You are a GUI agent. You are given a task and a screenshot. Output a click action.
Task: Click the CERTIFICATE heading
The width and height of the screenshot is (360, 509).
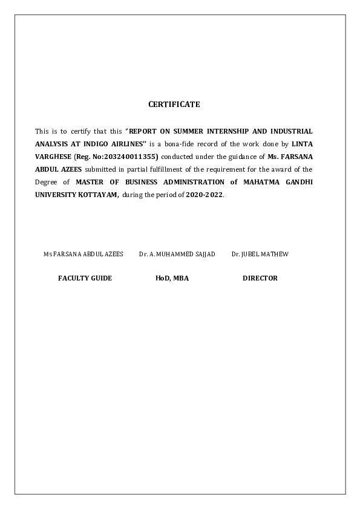click(174, 105)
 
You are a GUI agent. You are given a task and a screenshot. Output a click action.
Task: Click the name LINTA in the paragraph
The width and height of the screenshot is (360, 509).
click(303, 144)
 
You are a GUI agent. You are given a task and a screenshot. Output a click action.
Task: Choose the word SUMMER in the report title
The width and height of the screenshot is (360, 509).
click(189, 131)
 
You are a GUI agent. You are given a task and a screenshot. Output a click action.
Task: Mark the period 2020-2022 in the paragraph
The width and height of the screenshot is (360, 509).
click(205, 195)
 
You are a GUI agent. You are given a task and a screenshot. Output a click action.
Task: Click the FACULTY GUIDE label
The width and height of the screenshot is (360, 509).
click(85, 278)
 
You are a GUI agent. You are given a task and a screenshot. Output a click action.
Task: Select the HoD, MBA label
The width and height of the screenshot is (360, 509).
click(172, 278)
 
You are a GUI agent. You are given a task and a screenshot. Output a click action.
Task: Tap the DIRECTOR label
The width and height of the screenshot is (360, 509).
click(260, 278)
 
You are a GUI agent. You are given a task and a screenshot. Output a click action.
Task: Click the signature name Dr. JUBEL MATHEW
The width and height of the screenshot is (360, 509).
click(260, 254)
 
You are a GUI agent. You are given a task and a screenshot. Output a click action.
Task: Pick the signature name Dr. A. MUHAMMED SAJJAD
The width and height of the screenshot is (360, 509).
click(177, 254)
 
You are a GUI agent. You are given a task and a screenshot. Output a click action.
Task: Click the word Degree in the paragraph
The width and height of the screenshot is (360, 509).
click(46, 182)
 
